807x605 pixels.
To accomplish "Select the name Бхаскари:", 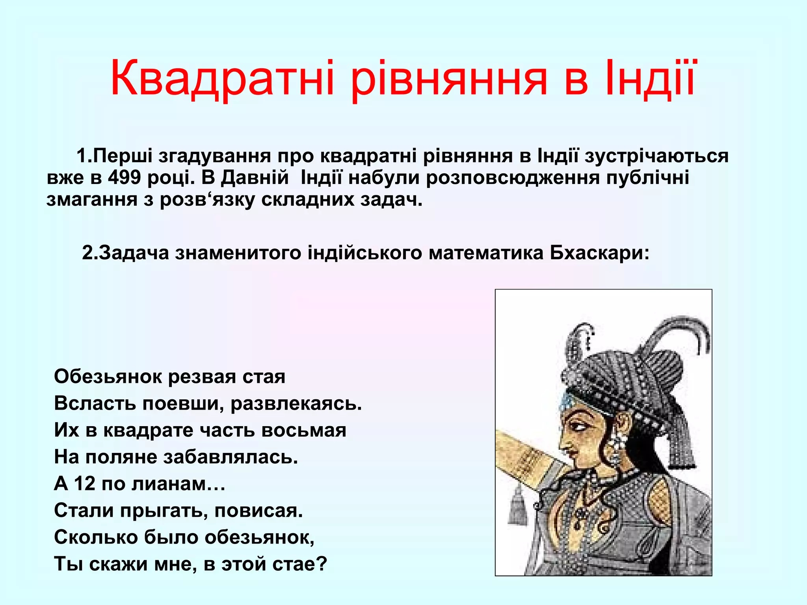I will click(599, 252).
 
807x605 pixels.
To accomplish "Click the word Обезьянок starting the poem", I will click(107, 377).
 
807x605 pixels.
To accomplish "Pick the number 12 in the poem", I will click(84, 484).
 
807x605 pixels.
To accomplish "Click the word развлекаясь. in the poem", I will click(296, 403).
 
